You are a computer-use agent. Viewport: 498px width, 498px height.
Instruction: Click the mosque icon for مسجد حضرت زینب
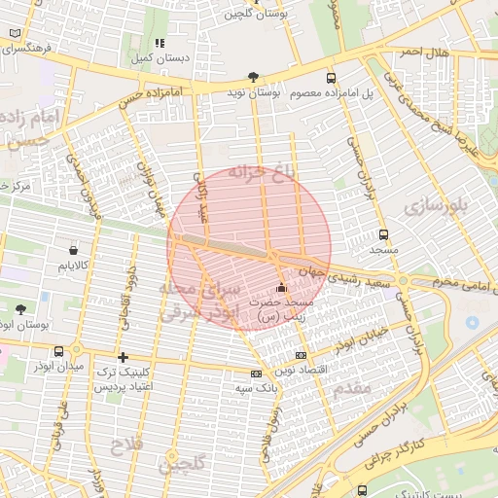[281, 287]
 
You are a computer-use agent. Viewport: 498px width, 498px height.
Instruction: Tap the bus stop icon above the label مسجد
[382, 234]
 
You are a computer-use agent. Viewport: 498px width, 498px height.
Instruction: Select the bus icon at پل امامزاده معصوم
[331, 78]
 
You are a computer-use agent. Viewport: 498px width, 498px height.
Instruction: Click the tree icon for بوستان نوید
[254, 76]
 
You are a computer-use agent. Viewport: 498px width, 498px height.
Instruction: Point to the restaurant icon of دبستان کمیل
[160, 43]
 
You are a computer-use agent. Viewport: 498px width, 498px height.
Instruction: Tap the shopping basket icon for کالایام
[73, 249]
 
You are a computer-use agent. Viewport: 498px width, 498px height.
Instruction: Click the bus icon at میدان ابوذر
[60, 351]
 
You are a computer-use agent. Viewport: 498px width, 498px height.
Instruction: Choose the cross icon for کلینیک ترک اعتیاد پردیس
[123, 357]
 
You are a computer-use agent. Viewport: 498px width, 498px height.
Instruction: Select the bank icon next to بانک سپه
[256, 373]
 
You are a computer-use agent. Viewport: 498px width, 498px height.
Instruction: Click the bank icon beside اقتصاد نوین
[301, 355]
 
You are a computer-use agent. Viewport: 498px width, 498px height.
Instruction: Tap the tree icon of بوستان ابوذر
[20, 308]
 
